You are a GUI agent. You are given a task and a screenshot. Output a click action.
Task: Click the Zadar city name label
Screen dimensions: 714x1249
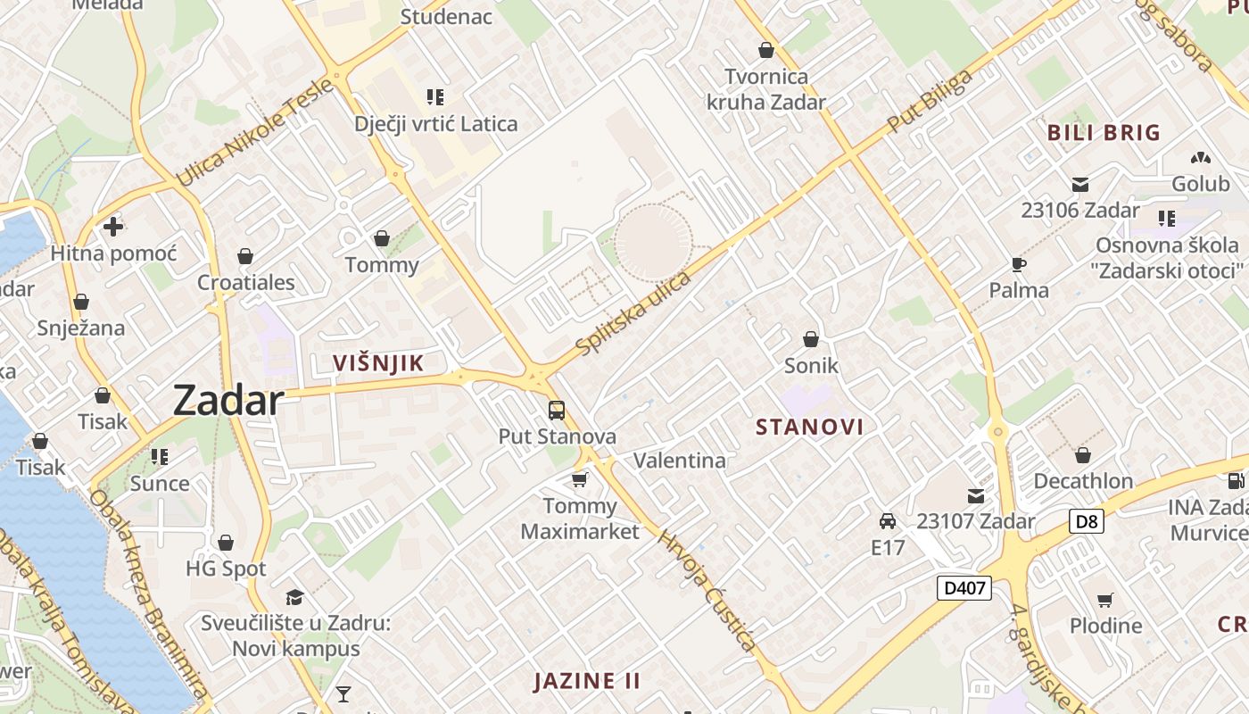(x=228, y=400)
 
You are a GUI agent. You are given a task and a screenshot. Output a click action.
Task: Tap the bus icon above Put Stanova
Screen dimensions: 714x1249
(x=557, y=411)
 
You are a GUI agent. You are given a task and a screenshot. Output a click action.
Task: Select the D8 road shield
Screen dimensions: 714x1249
(x=1086, y=521)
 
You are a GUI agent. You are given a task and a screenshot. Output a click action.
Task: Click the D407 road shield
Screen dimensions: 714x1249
(x=964, y=587)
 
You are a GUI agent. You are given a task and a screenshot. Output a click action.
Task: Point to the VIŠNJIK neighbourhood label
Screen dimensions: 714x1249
(x=377, y=363)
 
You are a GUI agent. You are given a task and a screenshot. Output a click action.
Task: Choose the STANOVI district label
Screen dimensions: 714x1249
(x=809, y=427)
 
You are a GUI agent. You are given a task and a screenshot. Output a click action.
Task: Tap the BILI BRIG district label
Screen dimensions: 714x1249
(x=1104, y=133)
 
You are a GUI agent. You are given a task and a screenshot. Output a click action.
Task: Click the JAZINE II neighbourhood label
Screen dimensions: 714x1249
(x=587, y=681)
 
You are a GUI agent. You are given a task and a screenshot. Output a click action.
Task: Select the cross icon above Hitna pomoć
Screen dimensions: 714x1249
(x=113, y=227)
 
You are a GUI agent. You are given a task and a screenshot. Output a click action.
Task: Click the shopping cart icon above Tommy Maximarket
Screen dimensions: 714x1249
(x=580, y=480)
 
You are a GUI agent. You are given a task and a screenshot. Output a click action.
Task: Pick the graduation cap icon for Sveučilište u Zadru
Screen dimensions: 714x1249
(x=294, y=596)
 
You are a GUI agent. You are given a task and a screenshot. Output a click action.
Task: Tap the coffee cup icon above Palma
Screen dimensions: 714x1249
(x=1019, y=264)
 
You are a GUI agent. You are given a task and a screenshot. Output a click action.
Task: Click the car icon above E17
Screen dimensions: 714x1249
(x=888, y=521)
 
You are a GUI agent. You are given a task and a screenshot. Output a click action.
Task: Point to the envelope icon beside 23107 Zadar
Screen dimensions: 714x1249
(x=976, y=496)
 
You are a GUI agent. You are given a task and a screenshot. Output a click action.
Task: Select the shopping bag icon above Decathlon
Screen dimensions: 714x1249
(x=1083, y=455)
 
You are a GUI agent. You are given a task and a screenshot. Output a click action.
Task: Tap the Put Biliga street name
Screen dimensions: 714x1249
(x=930, y=102)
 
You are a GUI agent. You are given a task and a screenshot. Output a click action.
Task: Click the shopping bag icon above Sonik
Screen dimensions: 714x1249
(x=811, y=339)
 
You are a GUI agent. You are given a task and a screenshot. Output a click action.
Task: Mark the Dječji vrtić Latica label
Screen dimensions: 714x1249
(x=435, y=123)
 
